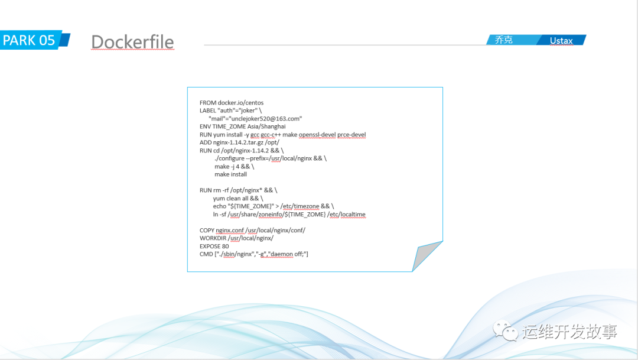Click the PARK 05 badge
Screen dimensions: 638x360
pos(35,40)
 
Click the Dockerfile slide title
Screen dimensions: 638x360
pos(133,42)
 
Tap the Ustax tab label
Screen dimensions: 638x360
pos(561,40)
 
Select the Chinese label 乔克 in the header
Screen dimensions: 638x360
pos(503,40)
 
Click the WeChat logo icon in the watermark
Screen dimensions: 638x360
pos(505,330)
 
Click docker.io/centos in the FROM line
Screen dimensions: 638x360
pos(240,103)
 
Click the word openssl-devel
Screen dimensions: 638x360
pos(317,134)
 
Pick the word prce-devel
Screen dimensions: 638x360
pos(351,134)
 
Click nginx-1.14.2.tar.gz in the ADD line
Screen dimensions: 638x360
pos(238,142)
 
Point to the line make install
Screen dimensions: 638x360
pos(231,174)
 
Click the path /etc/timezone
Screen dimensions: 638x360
pos(300,206)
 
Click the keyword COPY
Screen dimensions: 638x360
pos(207,230)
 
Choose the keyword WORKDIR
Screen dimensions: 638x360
pos(213,238)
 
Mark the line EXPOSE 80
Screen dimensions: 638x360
pos(214,246)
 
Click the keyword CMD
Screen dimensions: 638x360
pos(206,254)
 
